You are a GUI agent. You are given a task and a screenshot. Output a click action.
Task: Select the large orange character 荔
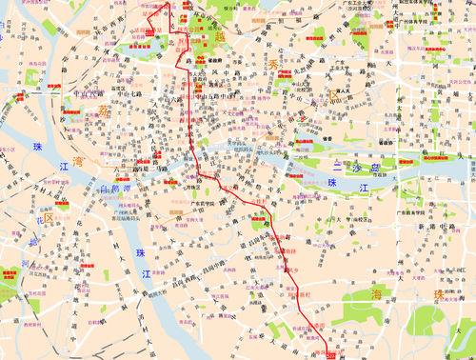pyautogui.click(x=103, y=111)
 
